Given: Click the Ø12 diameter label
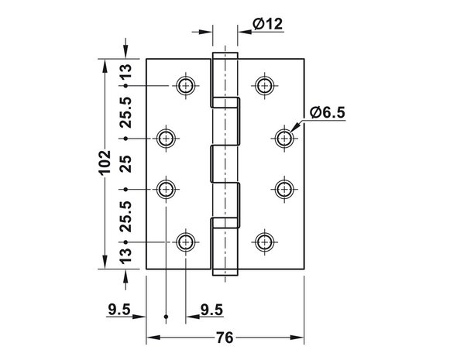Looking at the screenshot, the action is (267, 24).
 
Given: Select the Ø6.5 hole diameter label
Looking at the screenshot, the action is (328, 112).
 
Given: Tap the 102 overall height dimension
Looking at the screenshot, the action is (105, 162).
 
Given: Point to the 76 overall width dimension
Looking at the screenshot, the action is (225, 338).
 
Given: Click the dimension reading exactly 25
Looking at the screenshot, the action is (125, 164).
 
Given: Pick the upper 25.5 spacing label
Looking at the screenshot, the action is (125, 112).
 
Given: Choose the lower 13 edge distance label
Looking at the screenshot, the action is (125, 256).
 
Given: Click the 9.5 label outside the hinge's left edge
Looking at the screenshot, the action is (119, 310).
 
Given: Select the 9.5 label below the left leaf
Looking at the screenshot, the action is (211, 310).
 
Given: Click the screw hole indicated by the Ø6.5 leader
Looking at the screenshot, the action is (284, 139).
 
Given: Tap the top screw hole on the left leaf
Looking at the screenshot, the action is (186, 85).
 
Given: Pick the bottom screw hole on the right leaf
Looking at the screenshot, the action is (265, 242).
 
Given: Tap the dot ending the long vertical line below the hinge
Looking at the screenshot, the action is (166, 317).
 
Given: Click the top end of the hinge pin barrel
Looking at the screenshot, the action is (225, 53).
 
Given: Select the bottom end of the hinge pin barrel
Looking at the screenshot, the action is (225, 275).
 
